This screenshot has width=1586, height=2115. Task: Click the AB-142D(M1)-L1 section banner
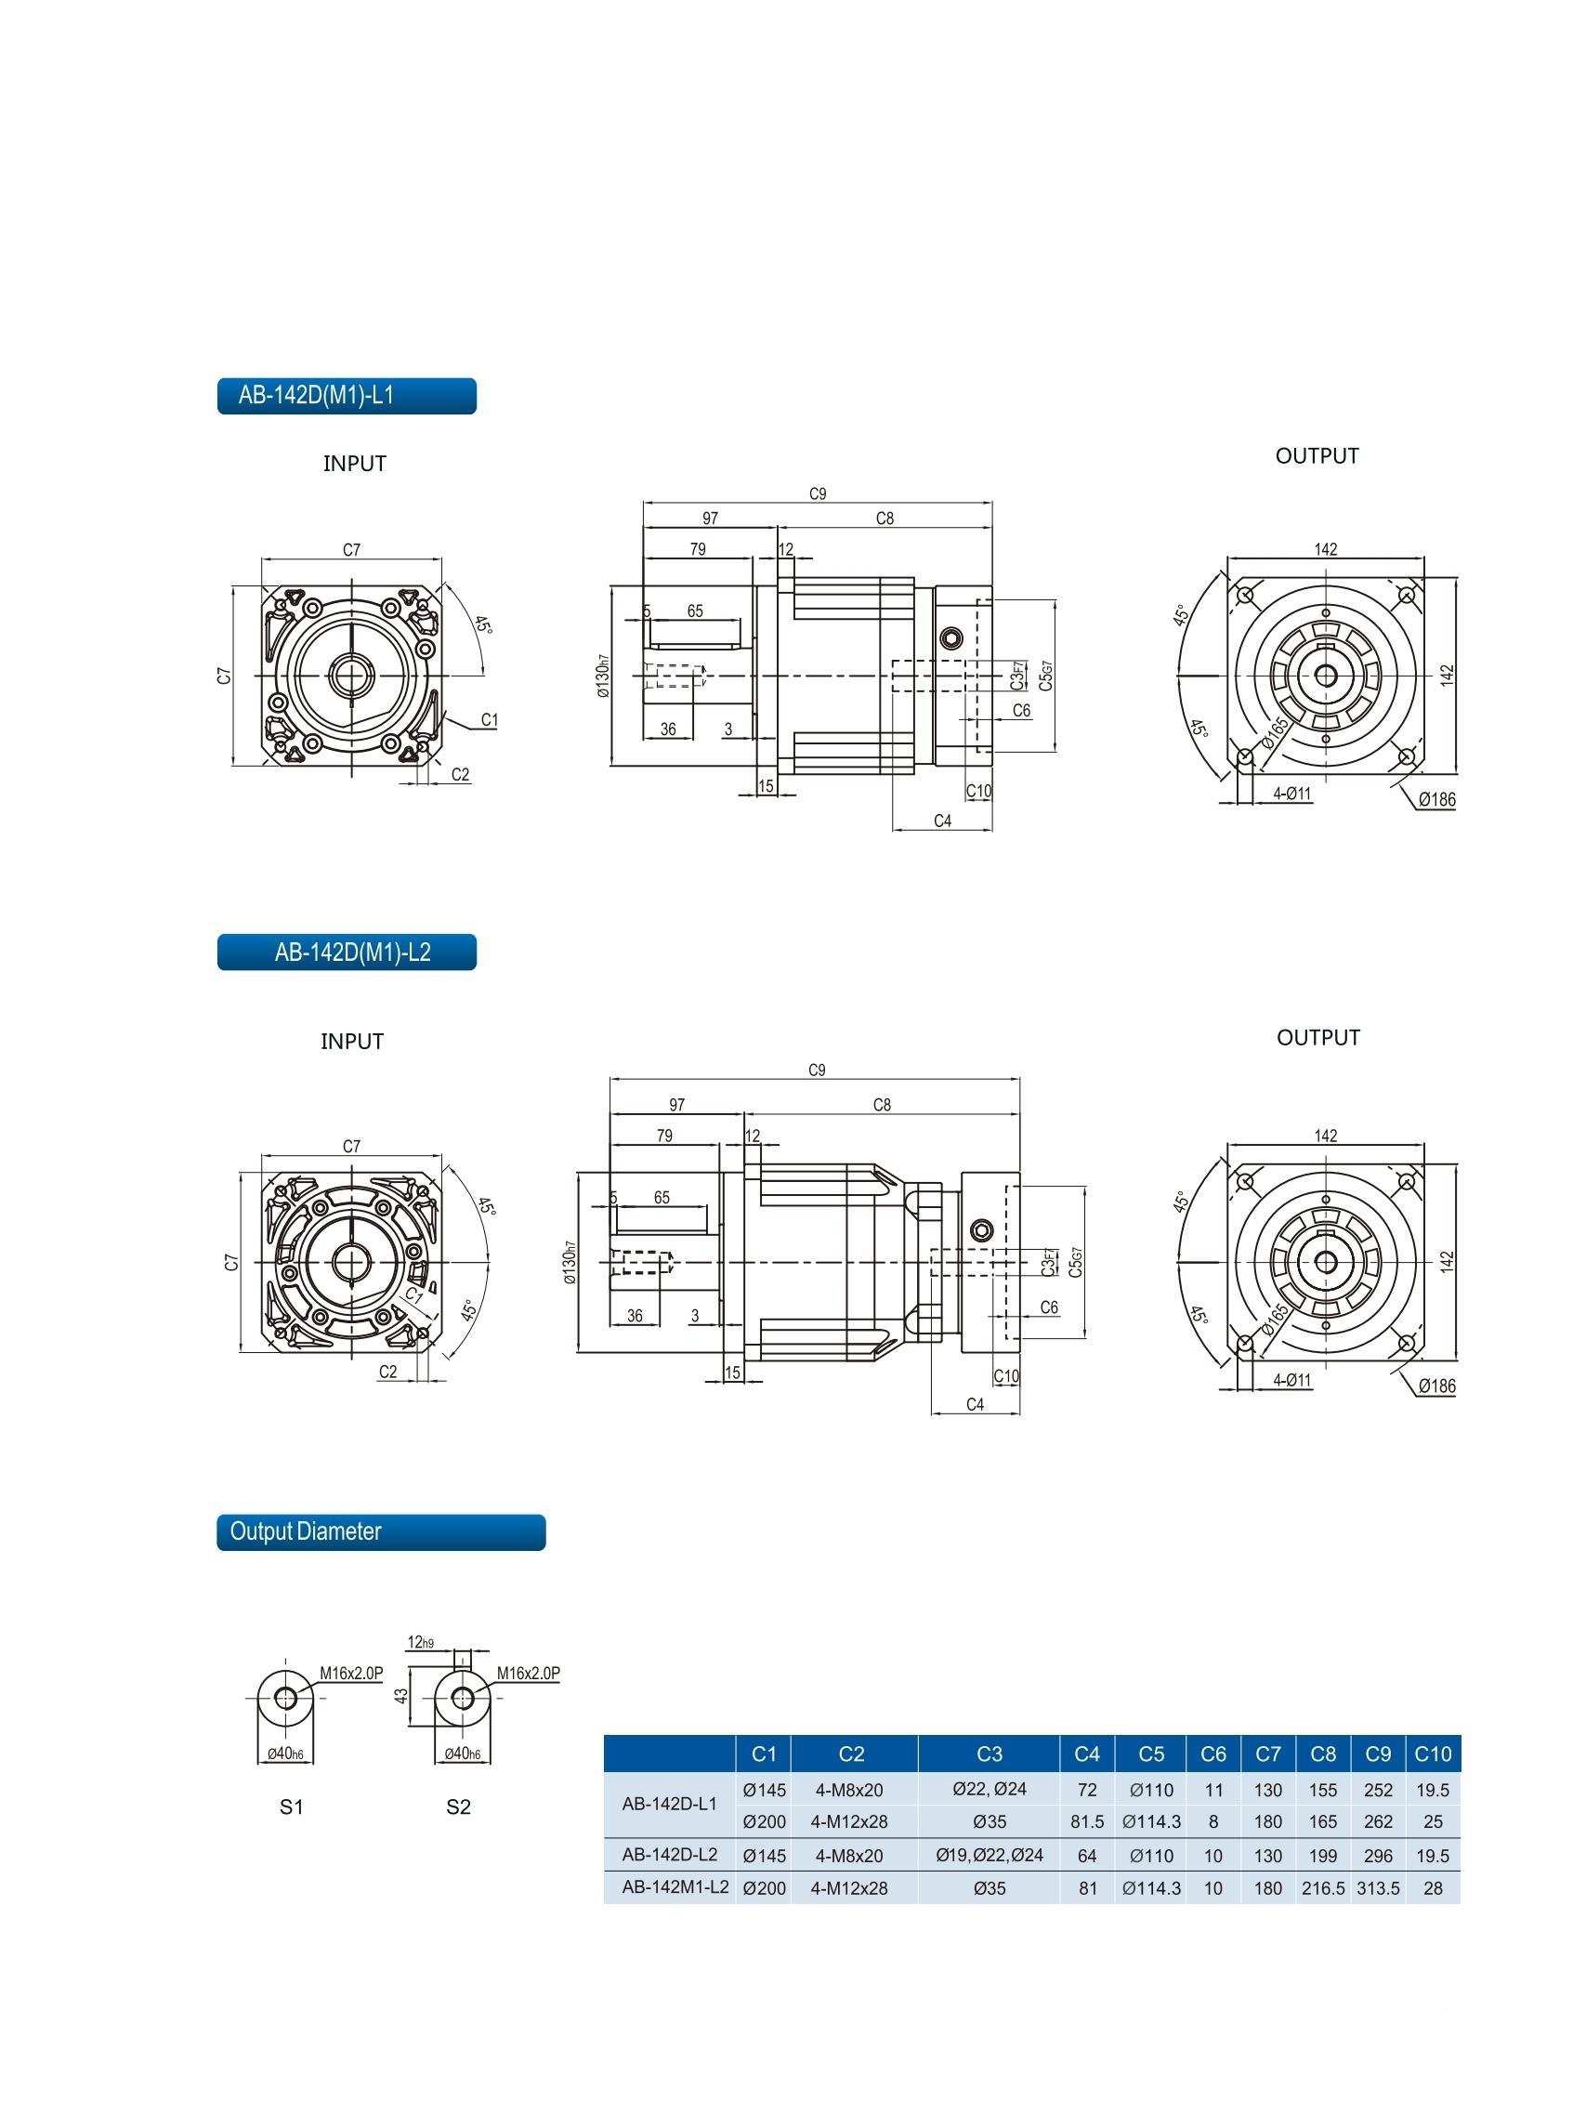point(346,396)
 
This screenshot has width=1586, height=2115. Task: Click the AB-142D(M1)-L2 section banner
point(346,952)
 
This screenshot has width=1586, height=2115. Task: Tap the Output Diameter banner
point(381,1531)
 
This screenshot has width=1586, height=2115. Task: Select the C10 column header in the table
point(1432,1754)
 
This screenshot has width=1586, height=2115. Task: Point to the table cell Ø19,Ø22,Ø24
point(990,1855)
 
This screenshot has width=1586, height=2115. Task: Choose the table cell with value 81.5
point(1087,1821)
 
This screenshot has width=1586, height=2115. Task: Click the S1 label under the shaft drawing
point(292,1806)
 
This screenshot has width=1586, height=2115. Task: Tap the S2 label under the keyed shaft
point(459,1806)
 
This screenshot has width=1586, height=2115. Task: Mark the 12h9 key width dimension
point(421,1643)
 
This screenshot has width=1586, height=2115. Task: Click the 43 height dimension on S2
point(401,1695)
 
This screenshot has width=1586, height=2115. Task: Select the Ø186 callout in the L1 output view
point(1435,799)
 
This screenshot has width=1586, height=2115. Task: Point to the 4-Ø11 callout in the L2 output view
point(1291,1380)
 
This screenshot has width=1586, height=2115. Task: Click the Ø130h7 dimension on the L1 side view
point(602,675)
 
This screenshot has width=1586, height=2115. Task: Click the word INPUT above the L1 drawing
point(355,464)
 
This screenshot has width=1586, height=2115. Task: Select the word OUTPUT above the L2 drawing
point(1317,1037)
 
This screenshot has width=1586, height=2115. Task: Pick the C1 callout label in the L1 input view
point(490,720)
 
